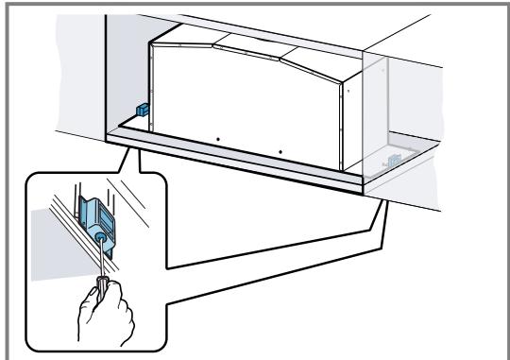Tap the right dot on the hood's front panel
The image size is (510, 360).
pyautogui.click(x=280, y=149)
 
